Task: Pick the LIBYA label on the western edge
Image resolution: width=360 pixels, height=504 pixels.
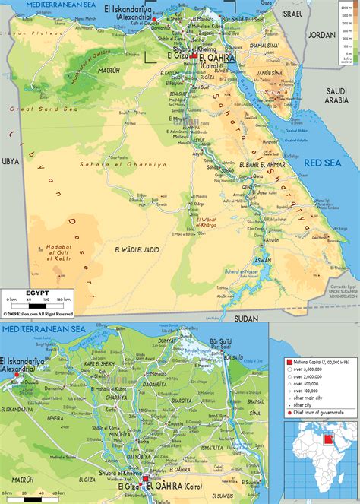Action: tap(10, 161)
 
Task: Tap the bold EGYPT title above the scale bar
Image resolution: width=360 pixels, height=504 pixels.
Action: tap(37, 291)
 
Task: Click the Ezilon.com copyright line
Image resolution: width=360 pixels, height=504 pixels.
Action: tap(38, 312)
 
